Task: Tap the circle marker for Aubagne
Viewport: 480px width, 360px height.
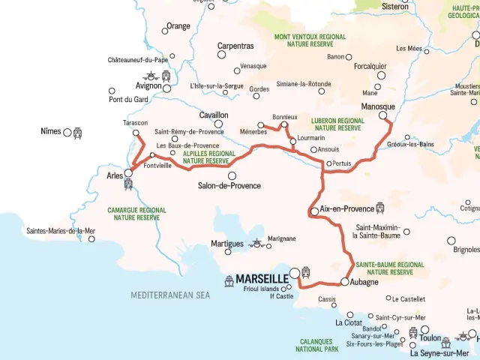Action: point(344,282)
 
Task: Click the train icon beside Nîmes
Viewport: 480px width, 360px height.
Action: point(78,133)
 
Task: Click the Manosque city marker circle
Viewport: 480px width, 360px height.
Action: point(382,115)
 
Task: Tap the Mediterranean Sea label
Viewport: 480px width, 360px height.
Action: point(170,295)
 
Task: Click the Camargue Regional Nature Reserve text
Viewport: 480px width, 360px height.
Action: point(137,214)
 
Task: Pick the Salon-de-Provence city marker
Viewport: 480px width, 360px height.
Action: point(232,175)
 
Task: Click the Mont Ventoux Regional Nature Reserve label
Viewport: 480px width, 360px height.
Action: point(310,40)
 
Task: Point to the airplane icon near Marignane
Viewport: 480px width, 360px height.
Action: point(258,243)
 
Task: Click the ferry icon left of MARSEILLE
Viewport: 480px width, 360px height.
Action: point(229,281)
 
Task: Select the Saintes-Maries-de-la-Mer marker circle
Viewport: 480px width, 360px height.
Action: point(91,238)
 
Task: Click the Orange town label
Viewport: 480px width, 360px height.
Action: point(178,26)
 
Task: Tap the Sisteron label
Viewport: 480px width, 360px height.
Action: point(396,7)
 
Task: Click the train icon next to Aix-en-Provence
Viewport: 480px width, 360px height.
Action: point(379,208)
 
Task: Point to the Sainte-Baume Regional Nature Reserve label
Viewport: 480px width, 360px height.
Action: point(389,268)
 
